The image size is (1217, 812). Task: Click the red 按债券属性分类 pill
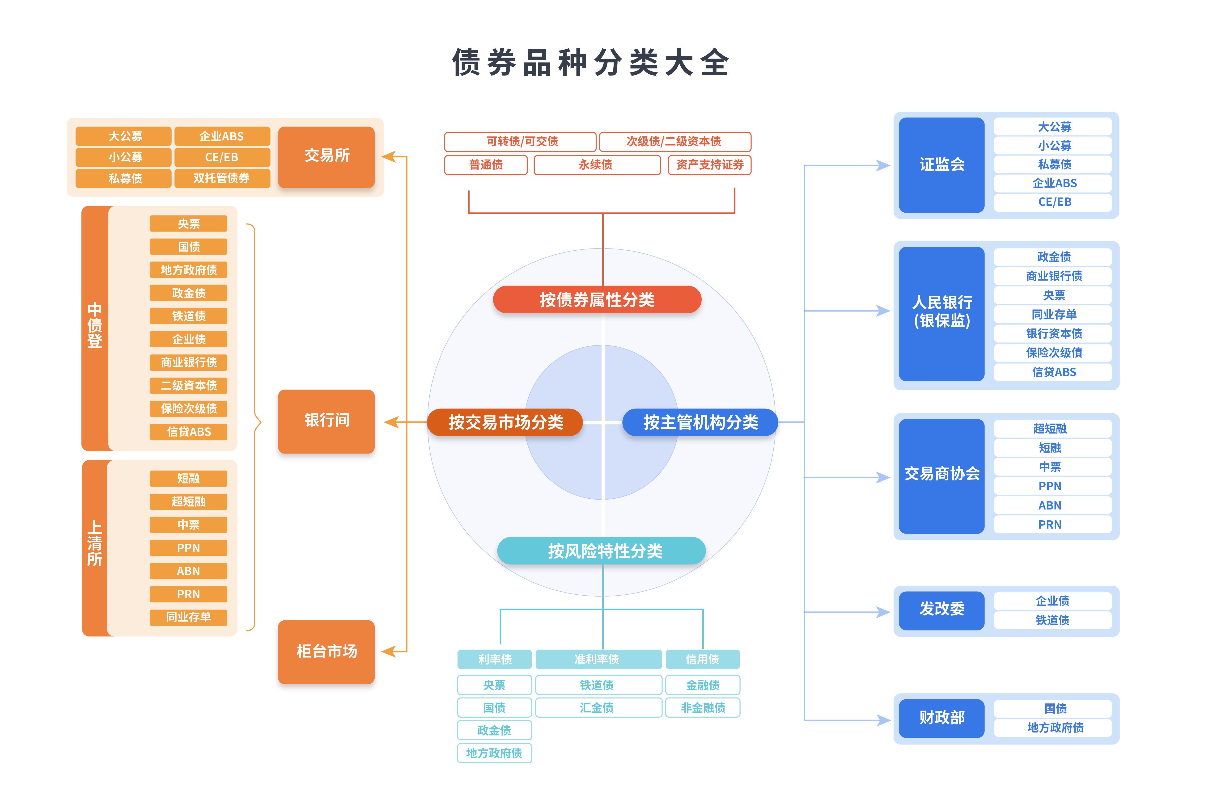click(x=597, y=299)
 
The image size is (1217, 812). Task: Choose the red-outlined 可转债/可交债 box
click(x=521, y=141)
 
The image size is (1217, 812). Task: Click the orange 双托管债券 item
click(x=222, y=178)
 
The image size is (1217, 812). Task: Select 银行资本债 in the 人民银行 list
click(x=1054, y=333)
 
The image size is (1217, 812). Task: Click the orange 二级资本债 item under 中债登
click(x=189, y=385)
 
